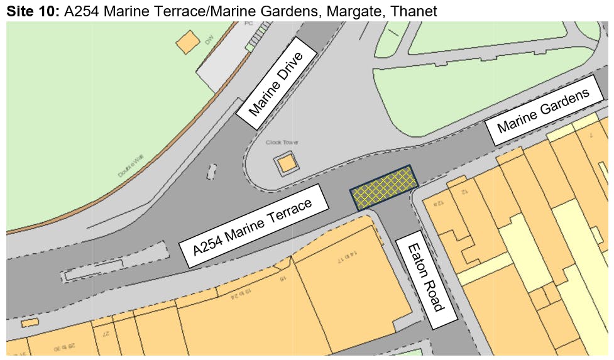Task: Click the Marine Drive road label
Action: click(x=275, y=84)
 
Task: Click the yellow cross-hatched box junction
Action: click(x=383, y=188)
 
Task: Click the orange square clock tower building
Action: click(x=286, y=164)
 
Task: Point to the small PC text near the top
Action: click(x=249, y=23)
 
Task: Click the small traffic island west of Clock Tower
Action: click(x=211, y=170)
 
